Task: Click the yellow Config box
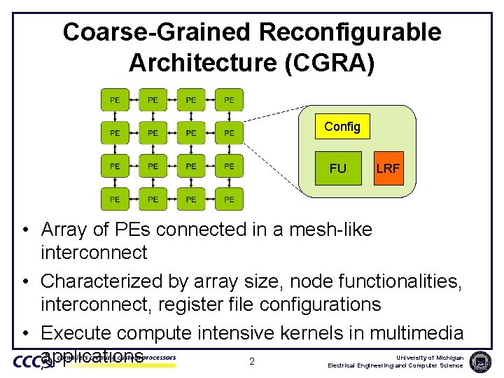pyautogui.click(x=342, y=127)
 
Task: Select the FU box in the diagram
pyautogui.click(x=337, y=168)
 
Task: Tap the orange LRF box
pyautogui.click(x=388, y=168)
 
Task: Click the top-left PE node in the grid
pyautogui.click(x=115, y=100)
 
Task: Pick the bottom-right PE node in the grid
pyautogui.click(x=229, y=199)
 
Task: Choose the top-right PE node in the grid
pyautogui.click(x=229, y=100)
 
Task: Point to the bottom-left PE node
pyautogui.click(x=115, y=199)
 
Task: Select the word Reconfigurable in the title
pyautogui.click(x=349, y=32)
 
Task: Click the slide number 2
pyautogui.click(x=251, y=362)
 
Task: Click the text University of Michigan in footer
pyautogui.click(x=426, y=357)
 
